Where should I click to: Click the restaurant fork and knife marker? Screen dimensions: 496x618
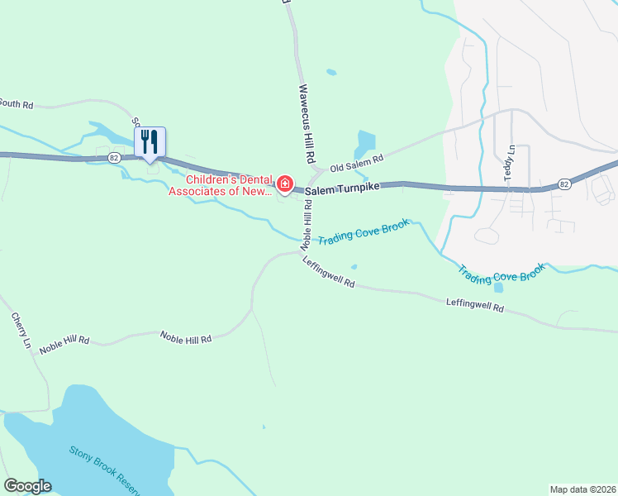coord(150,141)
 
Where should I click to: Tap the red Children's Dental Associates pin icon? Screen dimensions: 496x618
coord(284,183)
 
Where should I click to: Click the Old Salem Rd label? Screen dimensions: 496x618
coord(358,163)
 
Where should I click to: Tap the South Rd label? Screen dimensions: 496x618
coord(17,104)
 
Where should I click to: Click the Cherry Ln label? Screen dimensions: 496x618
coord(21,330)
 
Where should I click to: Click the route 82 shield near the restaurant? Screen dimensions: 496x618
coord(114,157)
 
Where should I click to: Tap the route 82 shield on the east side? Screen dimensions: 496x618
coord(563,184)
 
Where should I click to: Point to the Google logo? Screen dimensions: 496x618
coord(27,486)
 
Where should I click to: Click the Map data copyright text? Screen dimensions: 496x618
coord(582,489)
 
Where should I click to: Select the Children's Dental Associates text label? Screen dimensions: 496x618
coord(220,185)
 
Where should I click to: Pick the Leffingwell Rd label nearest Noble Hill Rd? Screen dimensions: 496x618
coord(328,272)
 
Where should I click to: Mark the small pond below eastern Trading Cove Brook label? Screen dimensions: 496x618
coord(497,288)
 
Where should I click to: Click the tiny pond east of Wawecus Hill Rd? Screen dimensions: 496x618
coord(331,72)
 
